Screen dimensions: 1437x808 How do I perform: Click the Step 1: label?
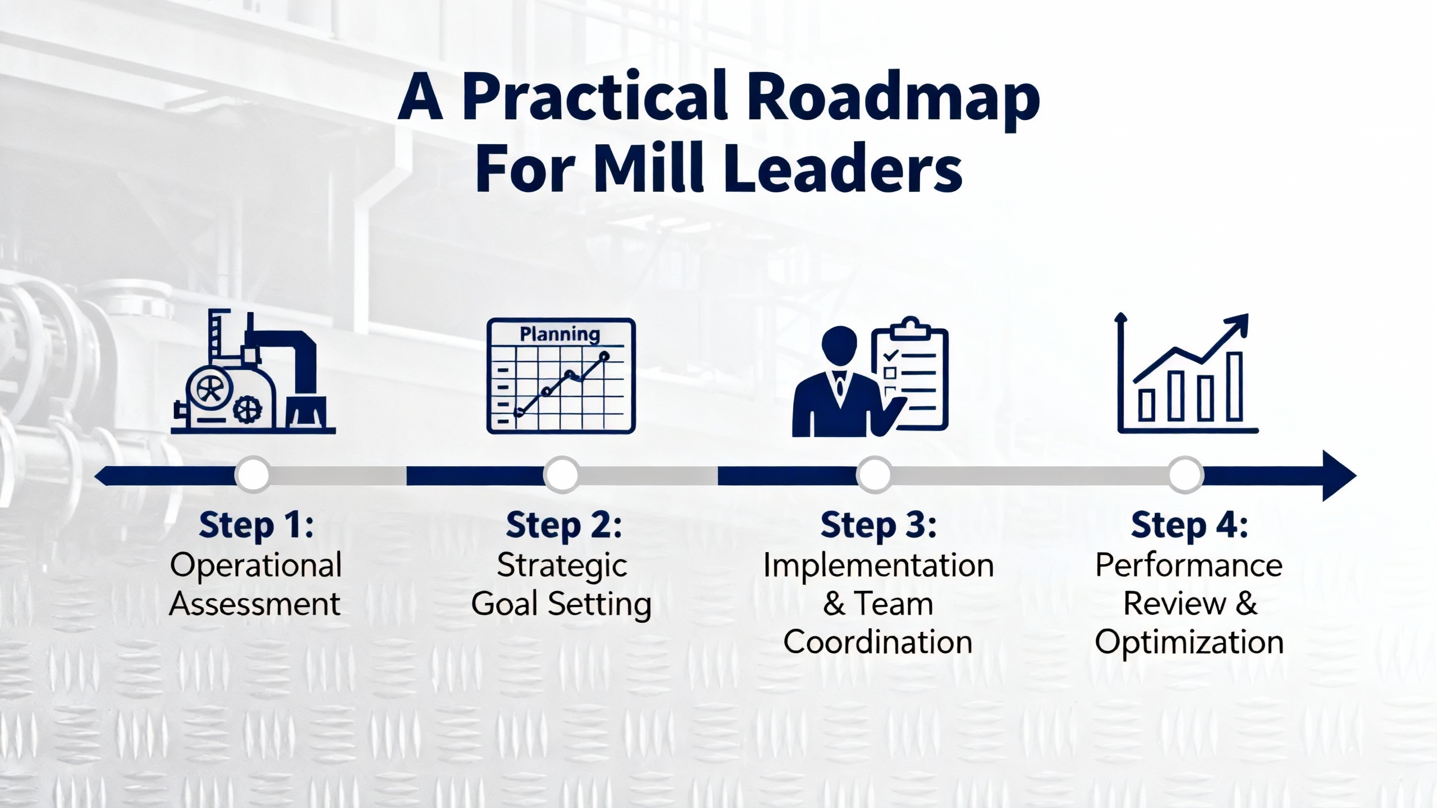pos(256,526)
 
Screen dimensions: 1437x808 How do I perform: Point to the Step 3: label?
pos(878,526)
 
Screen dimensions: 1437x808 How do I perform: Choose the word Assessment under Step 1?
pos(255,604)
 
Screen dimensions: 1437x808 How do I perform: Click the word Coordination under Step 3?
pos(878,642)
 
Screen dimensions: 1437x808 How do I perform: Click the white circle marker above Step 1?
pos(253,475)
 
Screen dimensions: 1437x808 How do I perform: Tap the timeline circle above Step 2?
pos(561,475)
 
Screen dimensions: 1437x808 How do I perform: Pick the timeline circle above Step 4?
pos(1186,475)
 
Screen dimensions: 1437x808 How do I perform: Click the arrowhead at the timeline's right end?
pos(1339,475)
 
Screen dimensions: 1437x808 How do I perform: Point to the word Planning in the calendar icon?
pos(560,334)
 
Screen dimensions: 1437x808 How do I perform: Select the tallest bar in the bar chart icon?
pos(1234,386)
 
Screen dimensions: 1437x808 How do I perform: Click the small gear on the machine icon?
pos(247,410)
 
